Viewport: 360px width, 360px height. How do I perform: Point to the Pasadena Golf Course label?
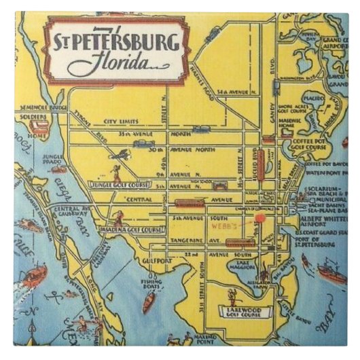click(130, 230)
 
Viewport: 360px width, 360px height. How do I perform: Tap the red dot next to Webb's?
click(259, 218)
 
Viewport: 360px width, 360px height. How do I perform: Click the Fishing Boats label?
click(151, 285)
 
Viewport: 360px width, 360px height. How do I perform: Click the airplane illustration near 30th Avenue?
click(120, 156)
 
